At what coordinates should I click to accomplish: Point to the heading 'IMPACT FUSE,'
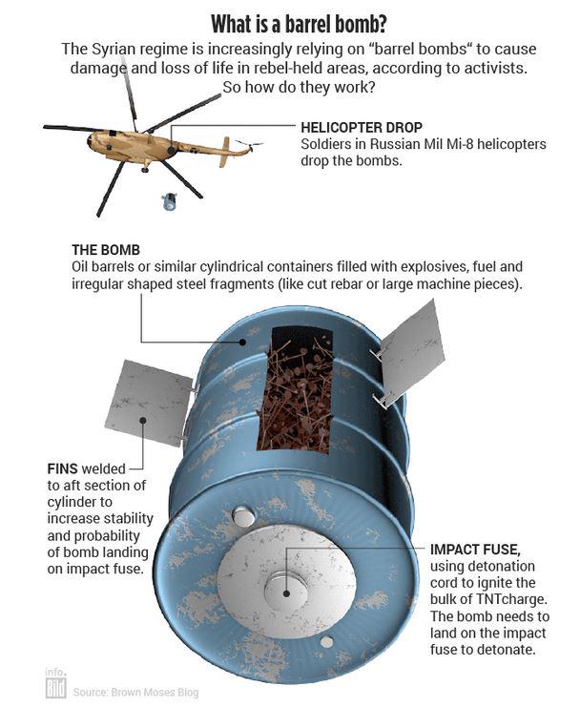pos(475,550)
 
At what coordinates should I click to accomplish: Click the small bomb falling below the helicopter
pos(170,201)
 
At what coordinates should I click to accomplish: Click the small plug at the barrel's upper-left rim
pos(243,516)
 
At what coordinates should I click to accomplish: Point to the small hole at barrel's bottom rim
pos(327,642)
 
